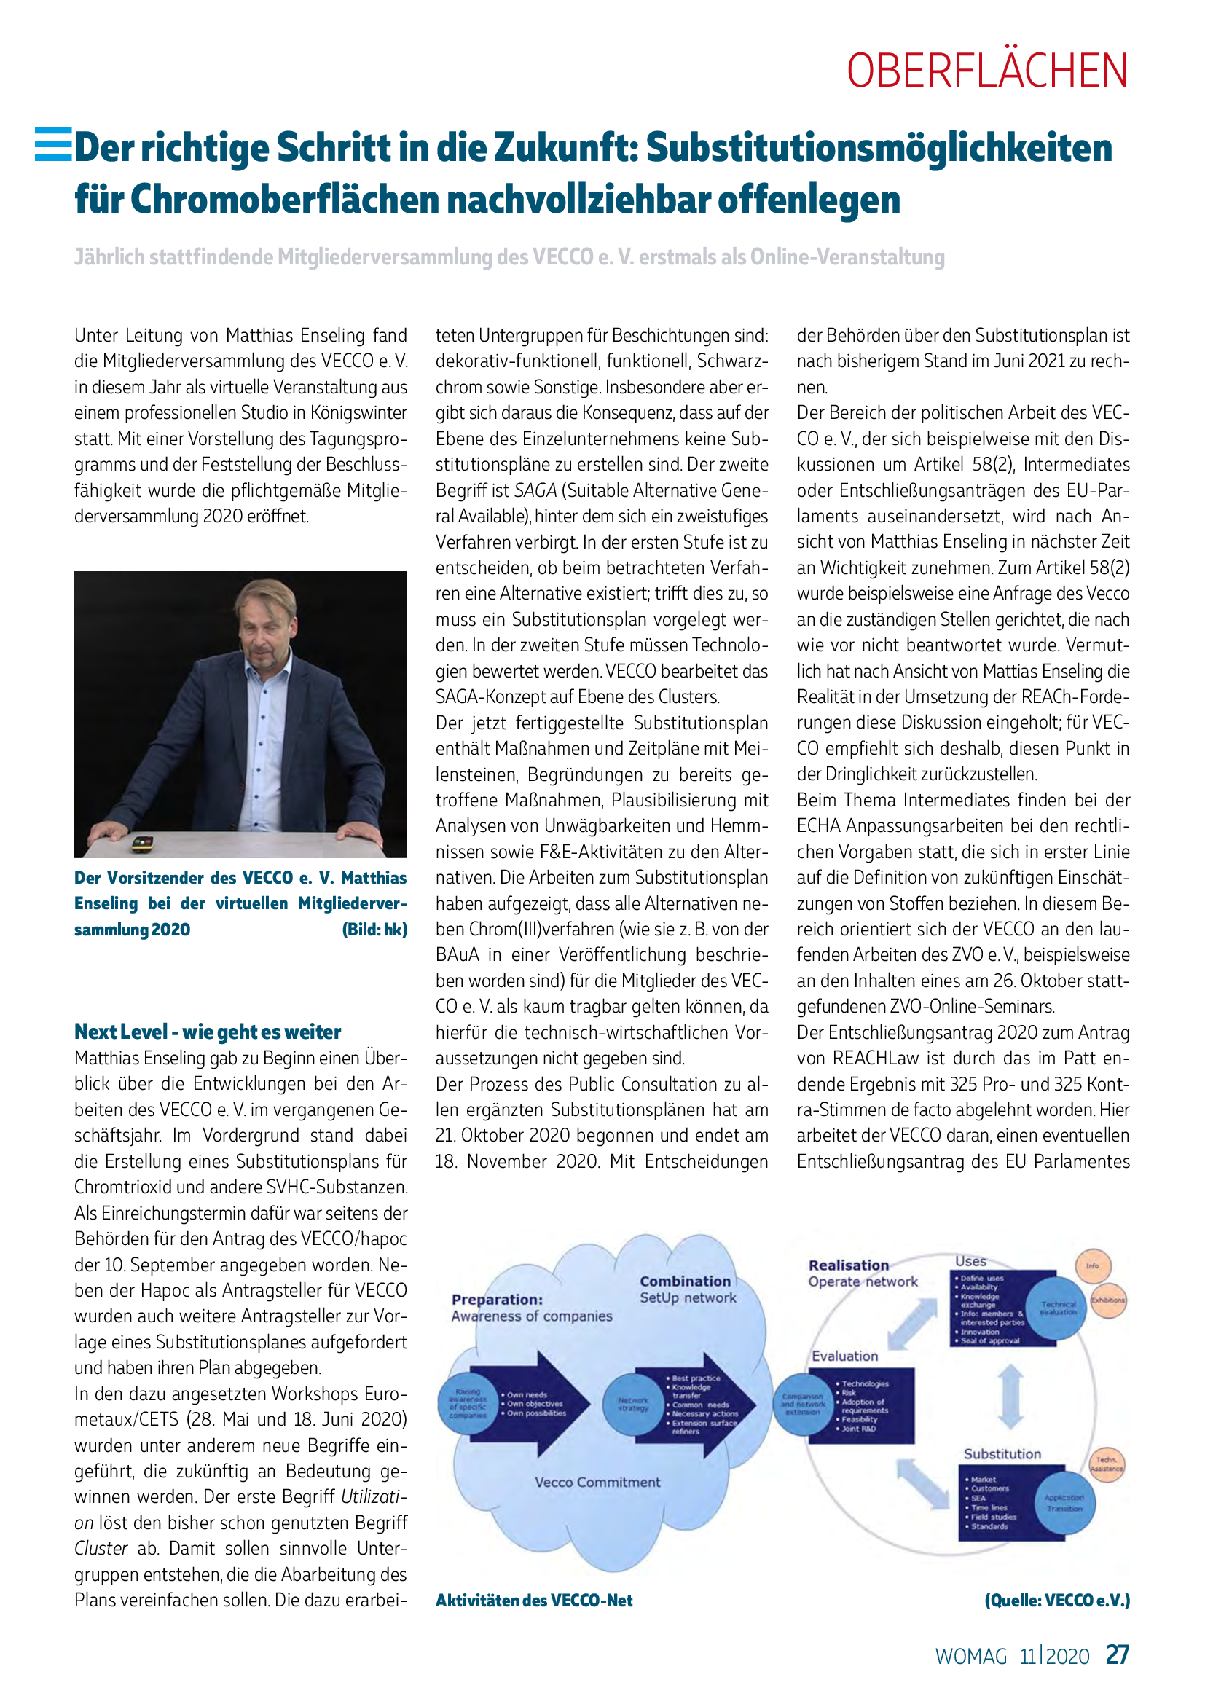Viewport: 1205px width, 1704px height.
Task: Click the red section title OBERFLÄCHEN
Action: pyautogui.click(x=987, y=71)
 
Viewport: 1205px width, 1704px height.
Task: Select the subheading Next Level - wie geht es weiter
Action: pyautogui.click(x=208, y=1032)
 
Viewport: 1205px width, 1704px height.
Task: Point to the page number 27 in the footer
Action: pyautogui.click(x=1118, y=1655)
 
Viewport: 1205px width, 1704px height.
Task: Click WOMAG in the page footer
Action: pyautogui.click(x=971, y=1657)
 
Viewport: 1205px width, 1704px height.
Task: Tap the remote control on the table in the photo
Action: pyautogui.click(x=142, y=843)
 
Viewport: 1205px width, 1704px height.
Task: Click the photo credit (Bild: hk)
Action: pyautogui.click(x=374, y=929)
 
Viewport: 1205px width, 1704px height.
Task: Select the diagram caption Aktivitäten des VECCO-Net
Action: pyautogui.click(x=534, y=1600)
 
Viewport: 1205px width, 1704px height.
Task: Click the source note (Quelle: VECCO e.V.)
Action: pyautogui.click(x=1057, y=1600)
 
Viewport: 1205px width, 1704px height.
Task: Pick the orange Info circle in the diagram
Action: pyautogui.click(x=1092, y=1266)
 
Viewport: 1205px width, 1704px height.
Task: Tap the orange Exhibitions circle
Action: pyautogui.click(x=1108, y=1300)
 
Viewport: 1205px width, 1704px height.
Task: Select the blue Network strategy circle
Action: pyautogui.click(x=633, y=1404)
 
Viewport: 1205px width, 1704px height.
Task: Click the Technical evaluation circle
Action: pyautogui.click(x=1058, y=1308)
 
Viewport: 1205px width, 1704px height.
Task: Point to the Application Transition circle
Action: pyautogui.click(x=1065, y=1503)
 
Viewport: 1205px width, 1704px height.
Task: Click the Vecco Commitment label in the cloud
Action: pyautogui.click(x=597, y=1482)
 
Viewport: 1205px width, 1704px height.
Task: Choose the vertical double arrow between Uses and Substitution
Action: pyautogui.click(x=1010, y=1397)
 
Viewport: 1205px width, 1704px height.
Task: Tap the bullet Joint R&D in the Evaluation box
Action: pyautogui.click(x=858, y=1429)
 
